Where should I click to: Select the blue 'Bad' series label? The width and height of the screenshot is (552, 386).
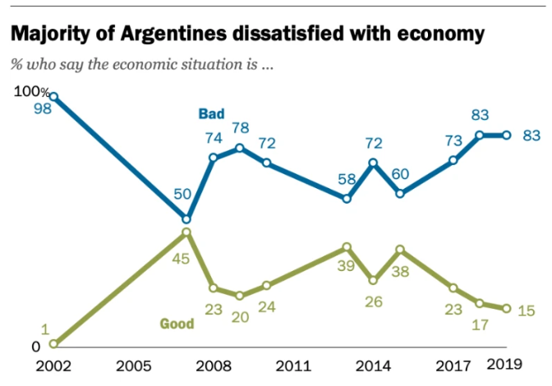[x=211, y=113]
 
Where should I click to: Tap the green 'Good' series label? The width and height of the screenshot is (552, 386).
[x=177, y=323]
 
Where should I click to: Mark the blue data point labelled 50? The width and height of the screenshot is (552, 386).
[x=186, y=219]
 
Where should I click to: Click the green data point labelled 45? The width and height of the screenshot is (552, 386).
[x=186, y=232]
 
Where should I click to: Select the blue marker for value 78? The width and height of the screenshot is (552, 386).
[x=240, y=148]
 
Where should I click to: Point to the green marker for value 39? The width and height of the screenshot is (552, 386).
[x=347, y=247]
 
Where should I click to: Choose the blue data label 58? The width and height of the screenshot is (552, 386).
[x=347, y=179]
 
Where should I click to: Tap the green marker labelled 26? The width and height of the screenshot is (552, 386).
[x=374, y=280]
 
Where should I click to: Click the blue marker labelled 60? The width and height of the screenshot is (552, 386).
[x=400, y=194]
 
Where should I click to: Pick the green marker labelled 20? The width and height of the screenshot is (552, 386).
[x=240, y=296]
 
